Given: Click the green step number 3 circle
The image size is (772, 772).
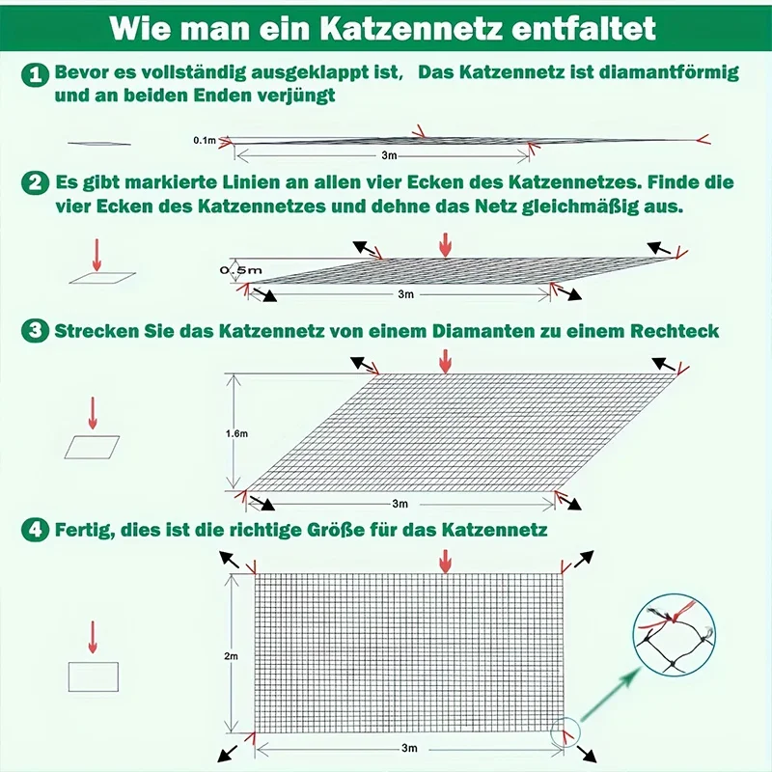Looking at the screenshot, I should point(36,331).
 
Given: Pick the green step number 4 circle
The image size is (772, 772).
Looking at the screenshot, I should point(36,530).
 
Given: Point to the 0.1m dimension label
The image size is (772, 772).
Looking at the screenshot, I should point(204,141).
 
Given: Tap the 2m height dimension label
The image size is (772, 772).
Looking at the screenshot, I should point(231,656).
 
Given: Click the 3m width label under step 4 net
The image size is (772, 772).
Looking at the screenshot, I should point(409,749).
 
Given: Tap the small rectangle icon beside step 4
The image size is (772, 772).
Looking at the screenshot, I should point(93,675).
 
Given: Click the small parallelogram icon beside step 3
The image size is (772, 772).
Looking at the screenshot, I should point(93,446).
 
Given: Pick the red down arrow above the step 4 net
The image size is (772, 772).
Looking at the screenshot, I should point(444,561).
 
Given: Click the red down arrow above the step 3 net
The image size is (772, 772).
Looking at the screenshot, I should point(444,361).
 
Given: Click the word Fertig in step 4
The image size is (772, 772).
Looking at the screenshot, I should point(83,530).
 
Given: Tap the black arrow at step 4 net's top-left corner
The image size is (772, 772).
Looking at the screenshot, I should point(230,559).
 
